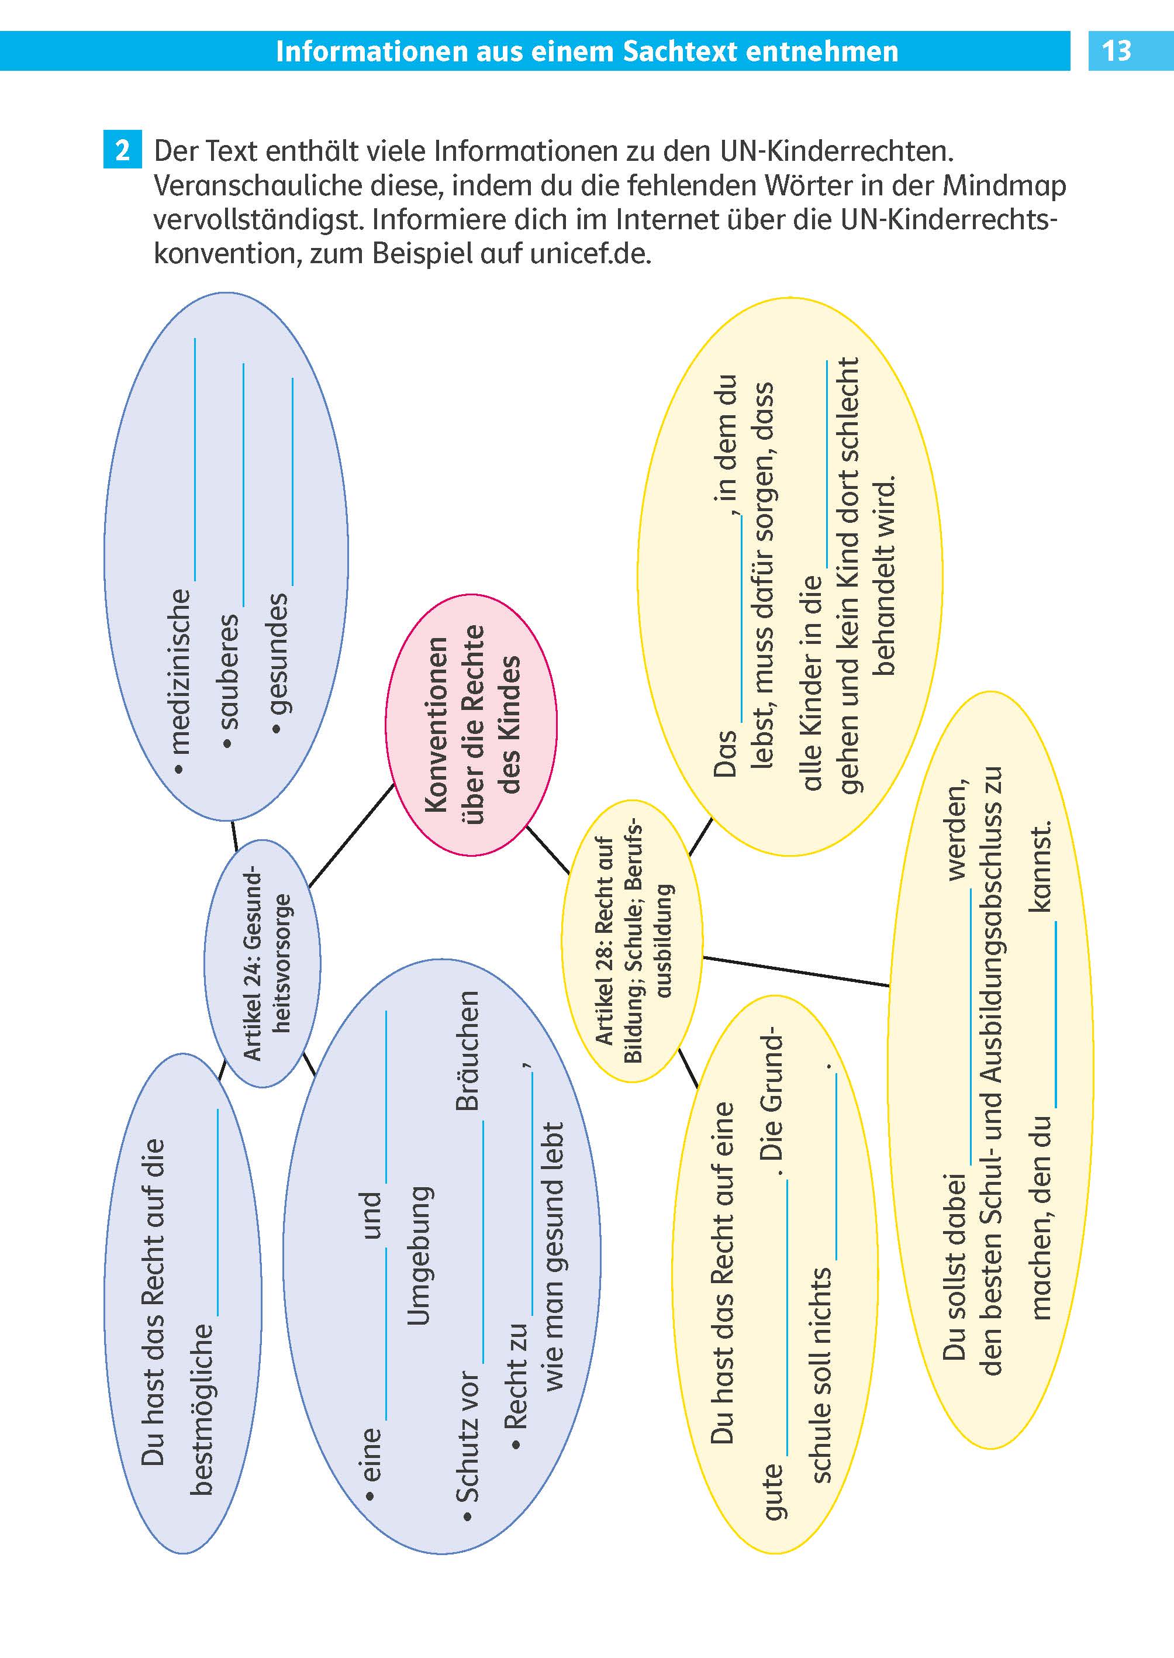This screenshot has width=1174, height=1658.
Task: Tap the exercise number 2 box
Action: click(122, 150)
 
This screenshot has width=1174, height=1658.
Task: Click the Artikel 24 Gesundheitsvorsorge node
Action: click(263, 963)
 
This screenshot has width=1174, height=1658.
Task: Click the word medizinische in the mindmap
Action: click(181, 671)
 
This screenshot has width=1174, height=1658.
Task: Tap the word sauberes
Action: click(229, 671)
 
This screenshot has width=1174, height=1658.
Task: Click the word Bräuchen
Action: click(468, 1050)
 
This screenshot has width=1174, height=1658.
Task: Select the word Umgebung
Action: click(419, 1255)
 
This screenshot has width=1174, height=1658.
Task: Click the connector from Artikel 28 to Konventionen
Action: click(548, 850)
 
